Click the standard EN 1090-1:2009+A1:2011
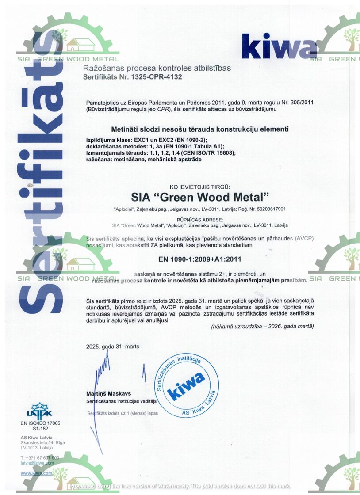pos(199,259)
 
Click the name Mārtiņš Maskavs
pos(109,393)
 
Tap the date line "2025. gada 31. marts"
pos(113,346)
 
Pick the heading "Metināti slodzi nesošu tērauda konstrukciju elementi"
pos(200,129)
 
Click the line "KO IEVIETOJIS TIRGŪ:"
pos(200,187)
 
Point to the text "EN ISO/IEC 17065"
pos(40,423)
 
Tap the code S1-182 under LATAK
pos(40,429)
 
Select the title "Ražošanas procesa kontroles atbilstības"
pos(157,69)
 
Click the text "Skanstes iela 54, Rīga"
pos(43,442)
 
